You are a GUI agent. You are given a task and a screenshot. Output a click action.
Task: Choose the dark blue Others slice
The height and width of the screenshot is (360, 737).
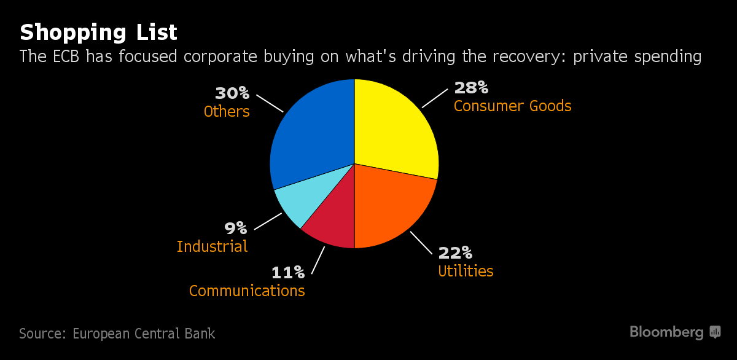point(310,135)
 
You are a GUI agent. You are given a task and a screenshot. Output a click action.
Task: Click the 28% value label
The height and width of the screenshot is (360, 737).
point(471,87)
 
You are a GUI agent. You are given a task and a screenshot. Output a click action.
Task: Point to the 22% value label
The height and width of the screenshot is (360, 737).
point(455,252)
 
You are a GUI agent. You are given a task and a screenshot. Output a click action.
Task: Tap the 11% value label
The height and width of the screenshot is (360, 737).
point(288,272)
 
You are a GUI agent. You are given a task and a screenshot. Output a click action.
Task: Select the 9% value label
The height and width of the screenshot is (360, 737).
point(236,228)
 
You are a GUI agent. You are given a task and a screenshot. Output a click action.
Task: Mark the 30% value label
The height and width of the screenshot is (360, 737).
point(232,93)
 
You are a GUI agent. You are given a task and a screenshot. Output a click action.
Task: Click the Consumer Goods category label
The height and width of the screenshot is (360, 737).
point(512,106)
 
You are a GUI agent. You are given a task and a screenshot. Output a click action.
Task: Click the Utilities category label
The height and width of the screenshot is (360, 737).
point(466,271)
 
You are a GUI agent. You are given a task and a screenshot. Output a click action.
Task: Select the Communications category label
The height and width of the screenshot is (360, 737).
point(247,291)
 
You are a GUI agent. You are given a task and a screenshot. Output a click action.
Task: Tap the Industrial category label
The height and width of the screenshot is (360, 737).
point(212,246)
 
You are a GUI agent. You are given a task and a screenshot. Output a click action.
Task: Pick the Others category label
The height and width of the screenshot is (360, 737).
point(227,111)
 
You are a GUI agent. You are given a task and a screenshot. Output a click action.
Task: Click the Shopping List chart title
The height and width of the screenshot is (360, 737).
point(98,32)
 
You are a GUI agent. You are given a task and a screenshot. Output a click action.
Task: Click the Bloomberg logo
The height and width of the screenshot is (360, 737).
point(674,332)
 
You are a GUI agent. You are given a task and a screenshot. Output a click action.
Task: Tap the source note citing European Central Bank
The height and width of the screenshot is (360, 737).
point(117,334)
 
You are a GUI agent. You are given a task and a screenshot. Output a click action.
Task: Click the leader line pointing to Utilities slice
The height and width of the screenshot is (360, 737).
point(421,243)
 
